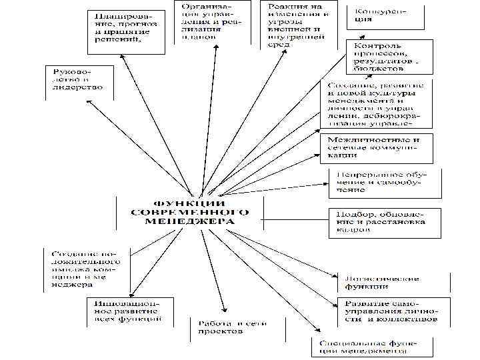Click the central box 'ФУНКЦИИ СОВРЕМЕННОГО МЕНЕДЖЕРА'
coord(189,212)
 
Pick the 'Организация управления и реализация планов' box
coord(207,23)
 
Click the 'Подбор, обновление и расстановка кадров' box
coord(384,223)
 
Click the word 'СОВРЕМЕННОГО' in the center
coord(190,212)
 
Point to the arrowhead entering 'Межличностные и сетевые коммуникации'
coord(323,152)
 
